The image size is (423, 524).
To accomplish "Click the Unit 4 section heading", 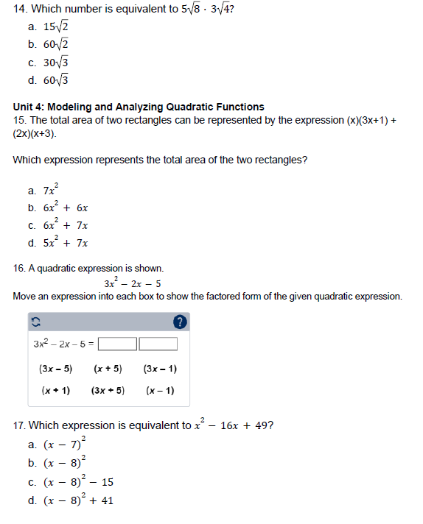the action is (x=139, y=107).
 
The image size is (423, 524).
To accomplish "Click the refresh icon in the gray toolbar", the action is (x=35, y=322).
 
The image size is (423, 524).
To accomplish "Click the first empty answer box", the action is (x=118, y=344).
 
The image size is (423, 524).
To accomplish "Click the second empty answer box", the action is (x=158, y=344).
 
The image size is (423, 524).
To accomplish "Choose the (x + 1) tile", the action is (x=55, y=391).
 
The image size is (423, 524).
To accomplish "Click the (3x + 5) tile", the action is (x=108, y=391).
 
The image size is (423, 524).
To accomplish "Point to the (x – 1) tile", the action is (x=160, y=391).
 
